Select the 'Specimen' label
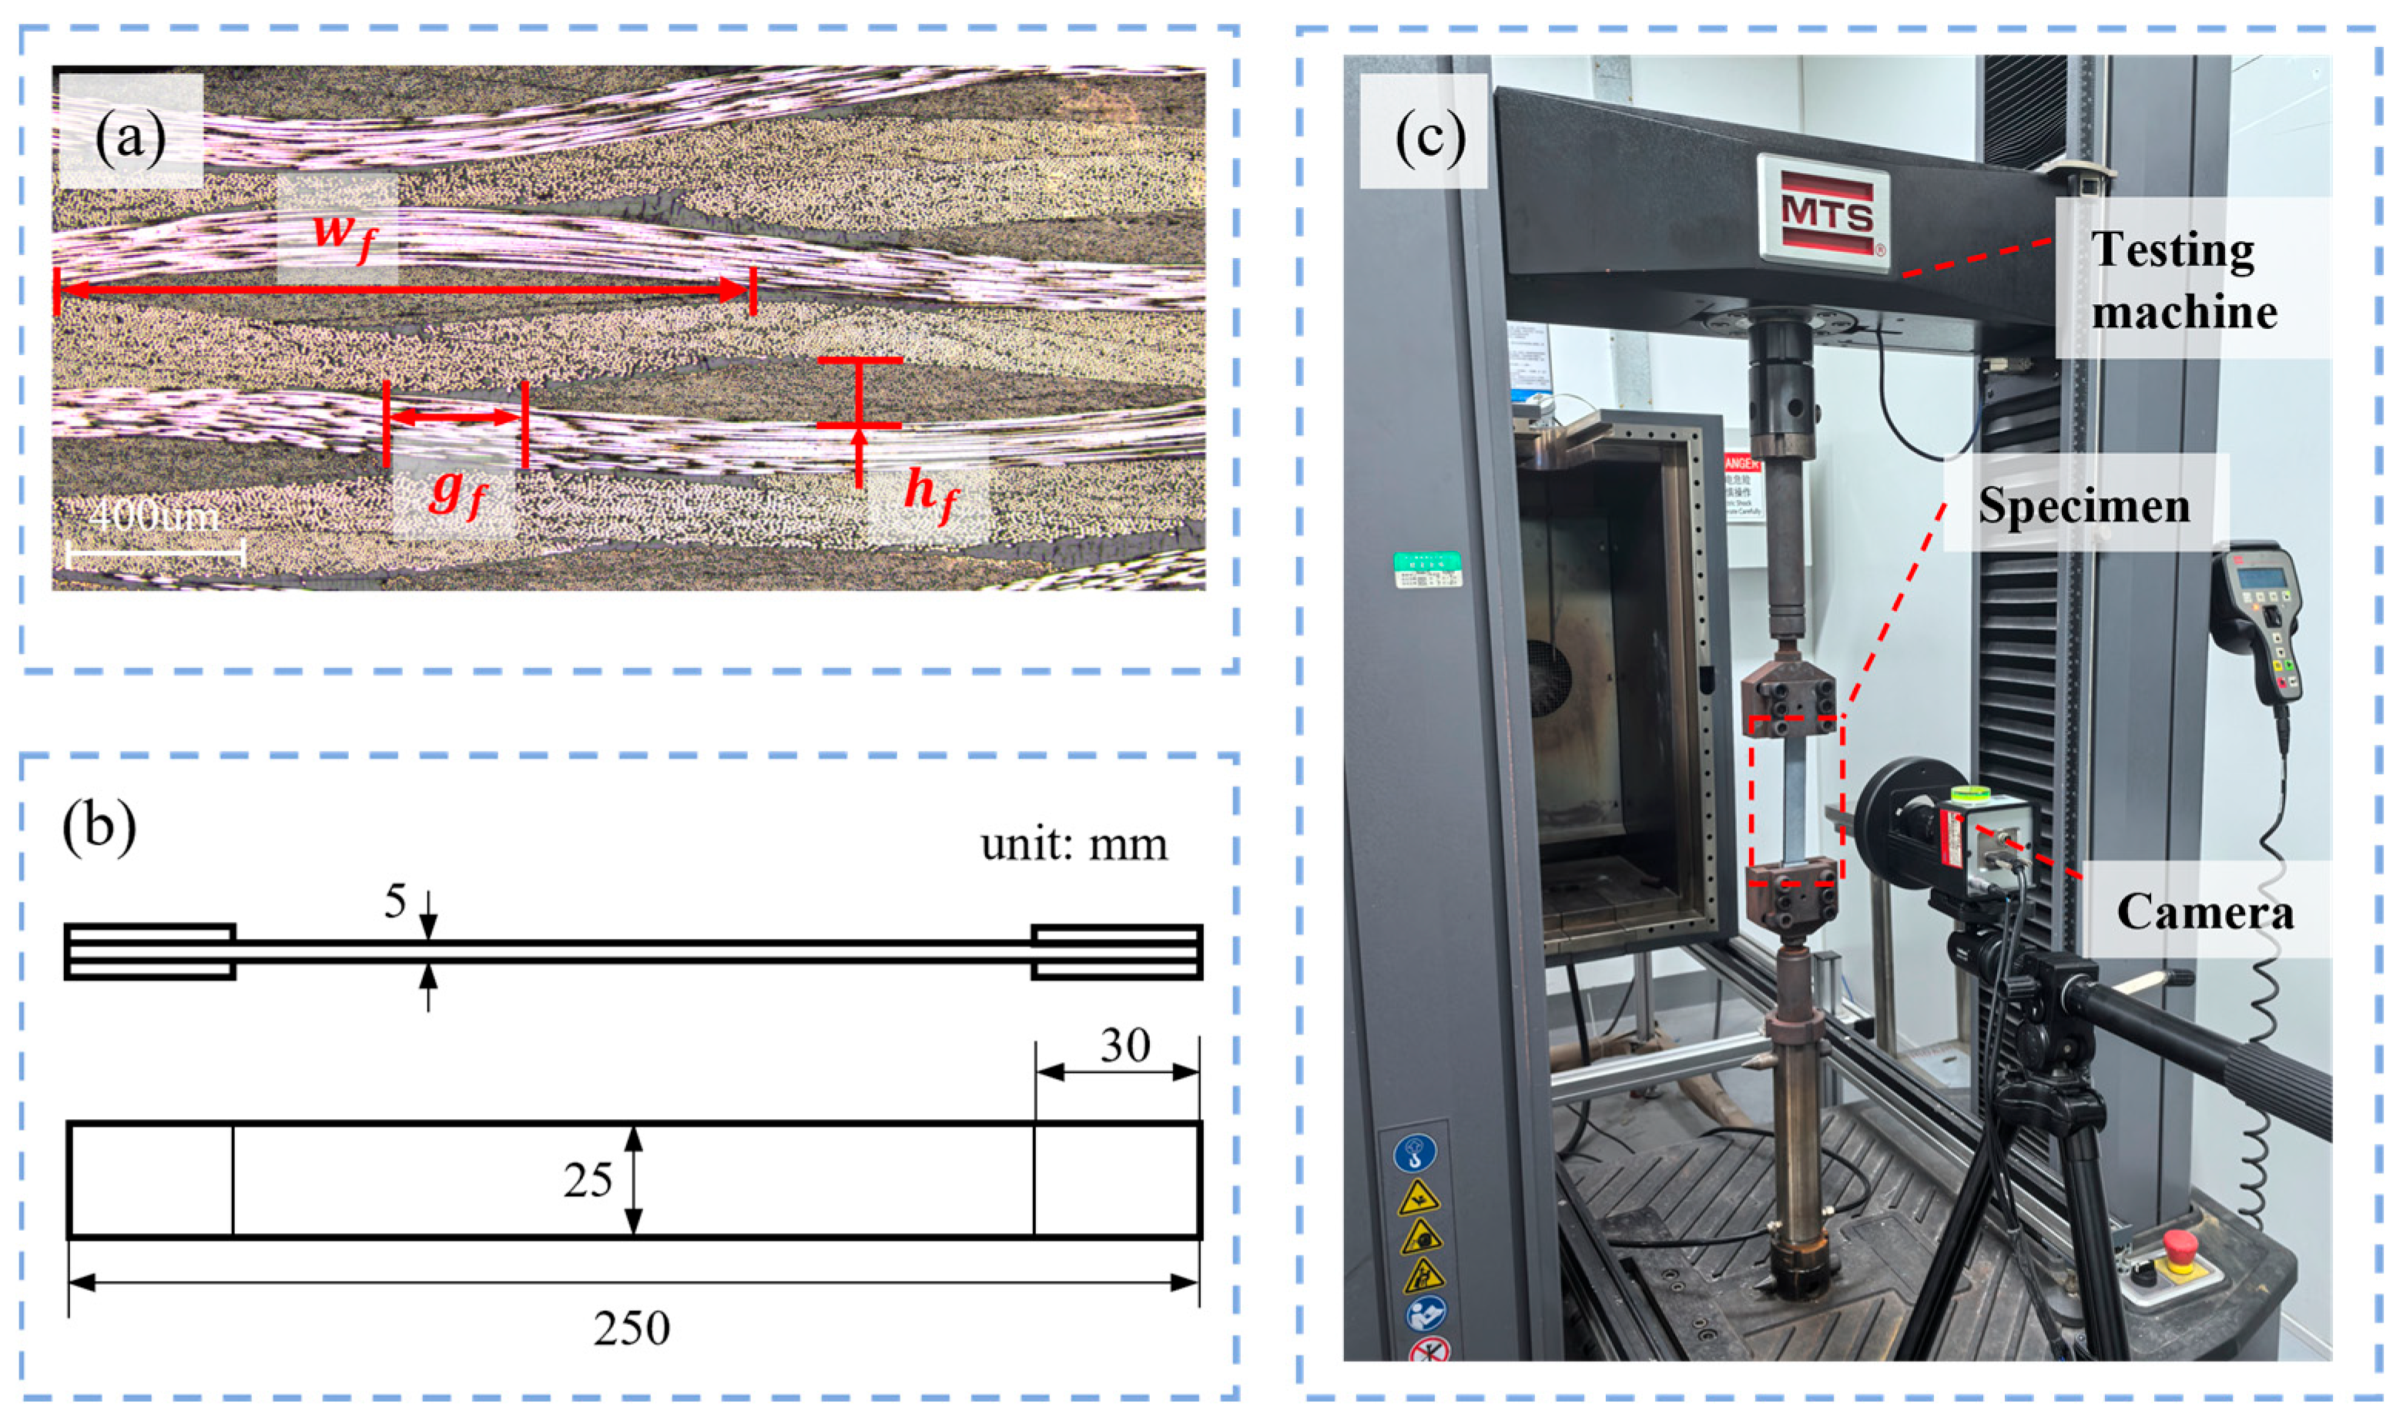[x=2083, y=505]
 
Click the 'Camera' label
[x=2204, y=910]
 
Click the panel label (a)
[x=130, y=136]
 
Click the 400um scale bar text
[x=155, y=517]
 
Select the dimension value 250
[x=632, y=1328]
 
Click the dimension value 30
[x=1124, y=1045]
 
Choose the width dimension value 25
[x=587, y=1181]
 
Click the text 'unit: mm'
[x=1074, y=843]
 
